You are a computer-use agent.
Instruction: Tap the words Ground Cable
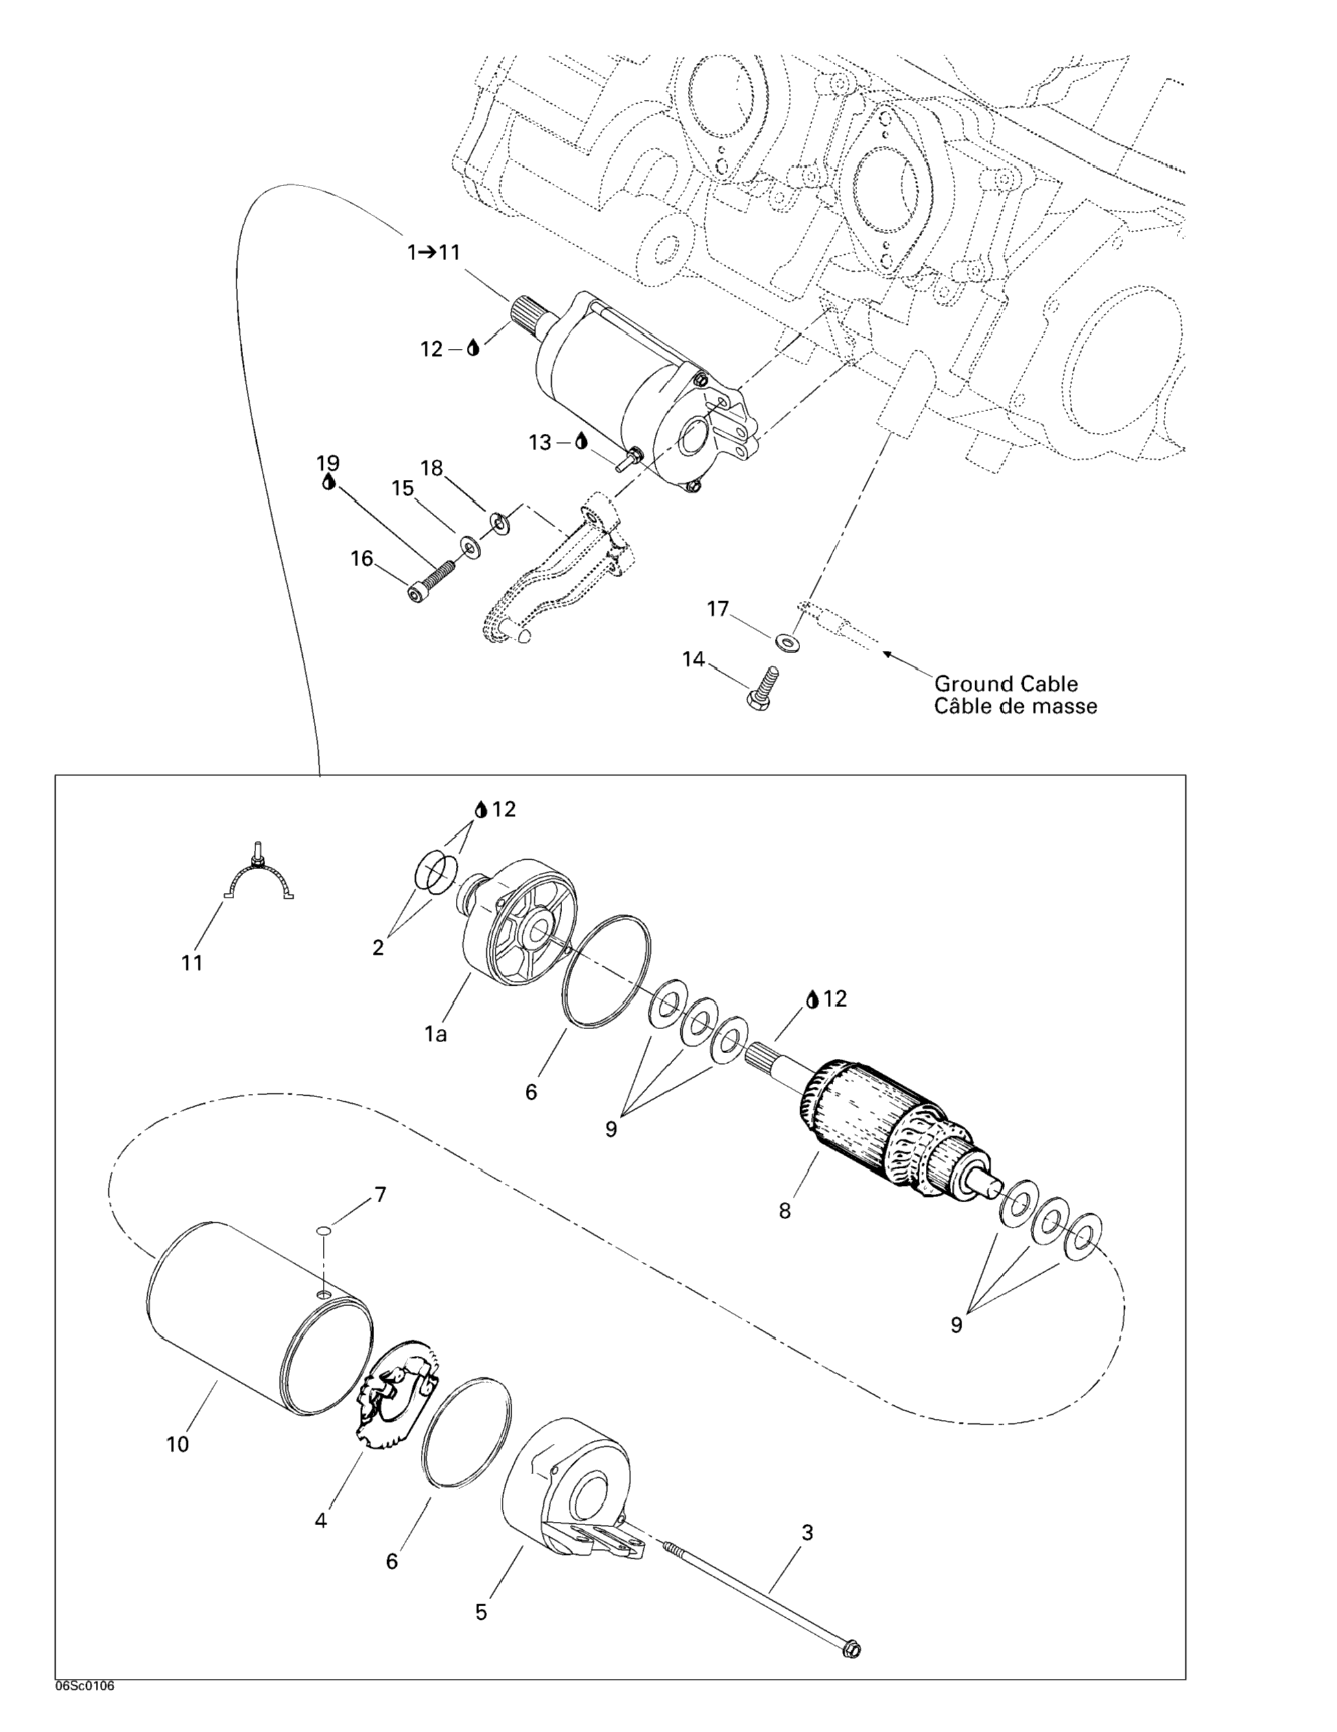pos(1006,683)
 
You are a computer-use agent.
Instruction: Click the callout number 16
pos(362,559)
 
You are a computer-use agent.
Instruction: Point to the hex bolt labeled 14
pos(762,687)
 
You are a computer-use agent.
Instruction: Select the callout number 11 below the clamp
pos(192,963)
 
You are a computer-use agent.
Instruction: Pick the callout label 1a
pos(435,1034)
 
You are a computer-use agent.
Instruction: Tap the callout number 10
pos(178,1444)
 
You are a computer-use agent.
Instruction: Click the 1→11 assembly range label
pos(433,253)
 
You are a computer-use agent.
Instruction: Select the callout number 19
pos(327,462)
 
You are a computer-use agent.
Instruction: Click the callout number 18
pos(431,468)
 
